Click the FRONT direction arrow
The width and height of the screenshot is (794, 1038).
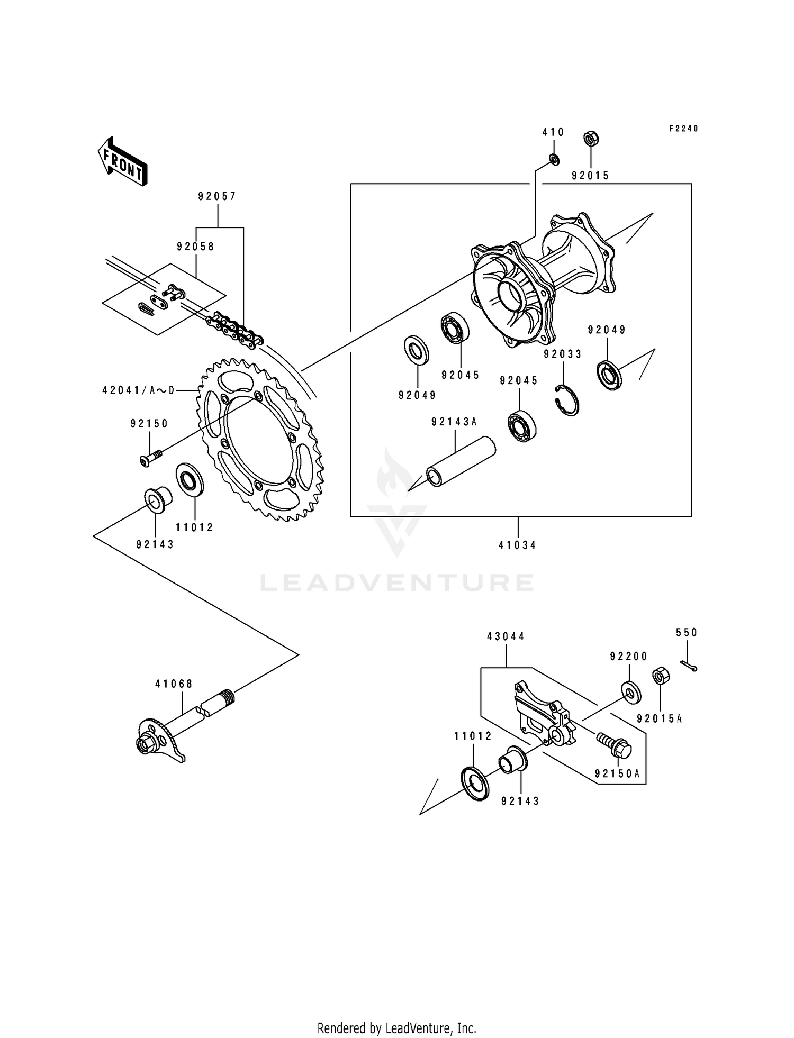(122, 161)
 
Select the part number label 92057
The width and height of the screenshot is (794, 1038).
(217, 196)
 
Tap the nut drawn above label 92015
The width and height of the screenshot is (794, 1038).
(591, 140)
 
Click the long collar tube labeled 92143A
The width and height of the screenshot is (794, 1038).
(461, 461)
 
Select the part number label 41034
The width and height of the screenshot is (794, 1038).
(517, 545)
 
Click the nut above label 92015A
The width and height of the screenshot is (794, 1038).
(660, 676)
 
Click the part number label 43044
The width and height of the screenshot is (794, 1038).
(506, 636)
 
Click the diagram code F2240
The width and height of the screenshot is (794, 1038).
(683, 129)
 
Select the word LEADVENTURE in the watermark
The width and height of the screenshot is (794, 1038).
(397, 583)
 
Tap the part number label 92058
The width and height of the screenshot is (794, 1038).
(195, 247)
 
